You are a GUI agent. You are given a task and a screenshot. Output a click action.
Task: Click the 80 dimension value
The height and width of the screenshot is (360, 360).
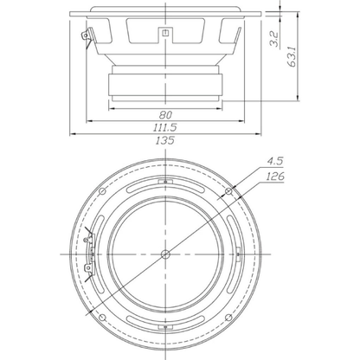(165, 115)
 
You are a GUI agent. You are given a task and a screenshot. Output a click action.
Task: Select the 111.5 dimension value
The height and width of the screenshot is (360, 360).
(165, 127)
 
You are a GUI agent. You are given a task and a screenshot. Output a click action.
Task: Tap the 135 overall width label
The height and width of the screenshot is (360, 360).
(165, 140)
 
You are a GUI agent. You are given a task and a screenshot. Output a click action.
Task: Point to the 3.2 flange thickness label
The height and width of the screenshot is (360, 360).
(273, 39)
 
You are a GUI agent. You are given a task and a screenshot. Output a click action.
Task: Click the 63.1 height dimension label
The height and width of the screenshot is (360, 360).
(292, 56)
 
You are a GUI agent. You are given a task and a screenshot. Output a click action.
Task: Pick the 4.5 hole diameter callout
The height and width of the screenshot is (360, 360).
(274, 161)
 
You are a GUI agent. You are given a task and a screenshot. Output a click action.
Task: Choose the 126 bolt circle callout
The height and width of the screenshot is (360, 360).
(275, 176)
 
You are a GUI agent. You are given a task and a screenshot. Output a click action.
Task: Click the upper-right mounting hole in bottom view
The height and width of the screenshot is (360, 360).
(228, 191)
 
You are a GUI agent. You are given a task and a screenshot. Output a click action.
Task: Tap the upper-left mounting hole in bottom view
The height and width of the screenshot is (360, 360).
(102, 191)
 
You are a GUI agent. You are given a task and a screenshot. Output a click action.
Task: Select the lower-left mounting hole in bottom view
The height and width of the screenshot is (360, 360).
(102, 318)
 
